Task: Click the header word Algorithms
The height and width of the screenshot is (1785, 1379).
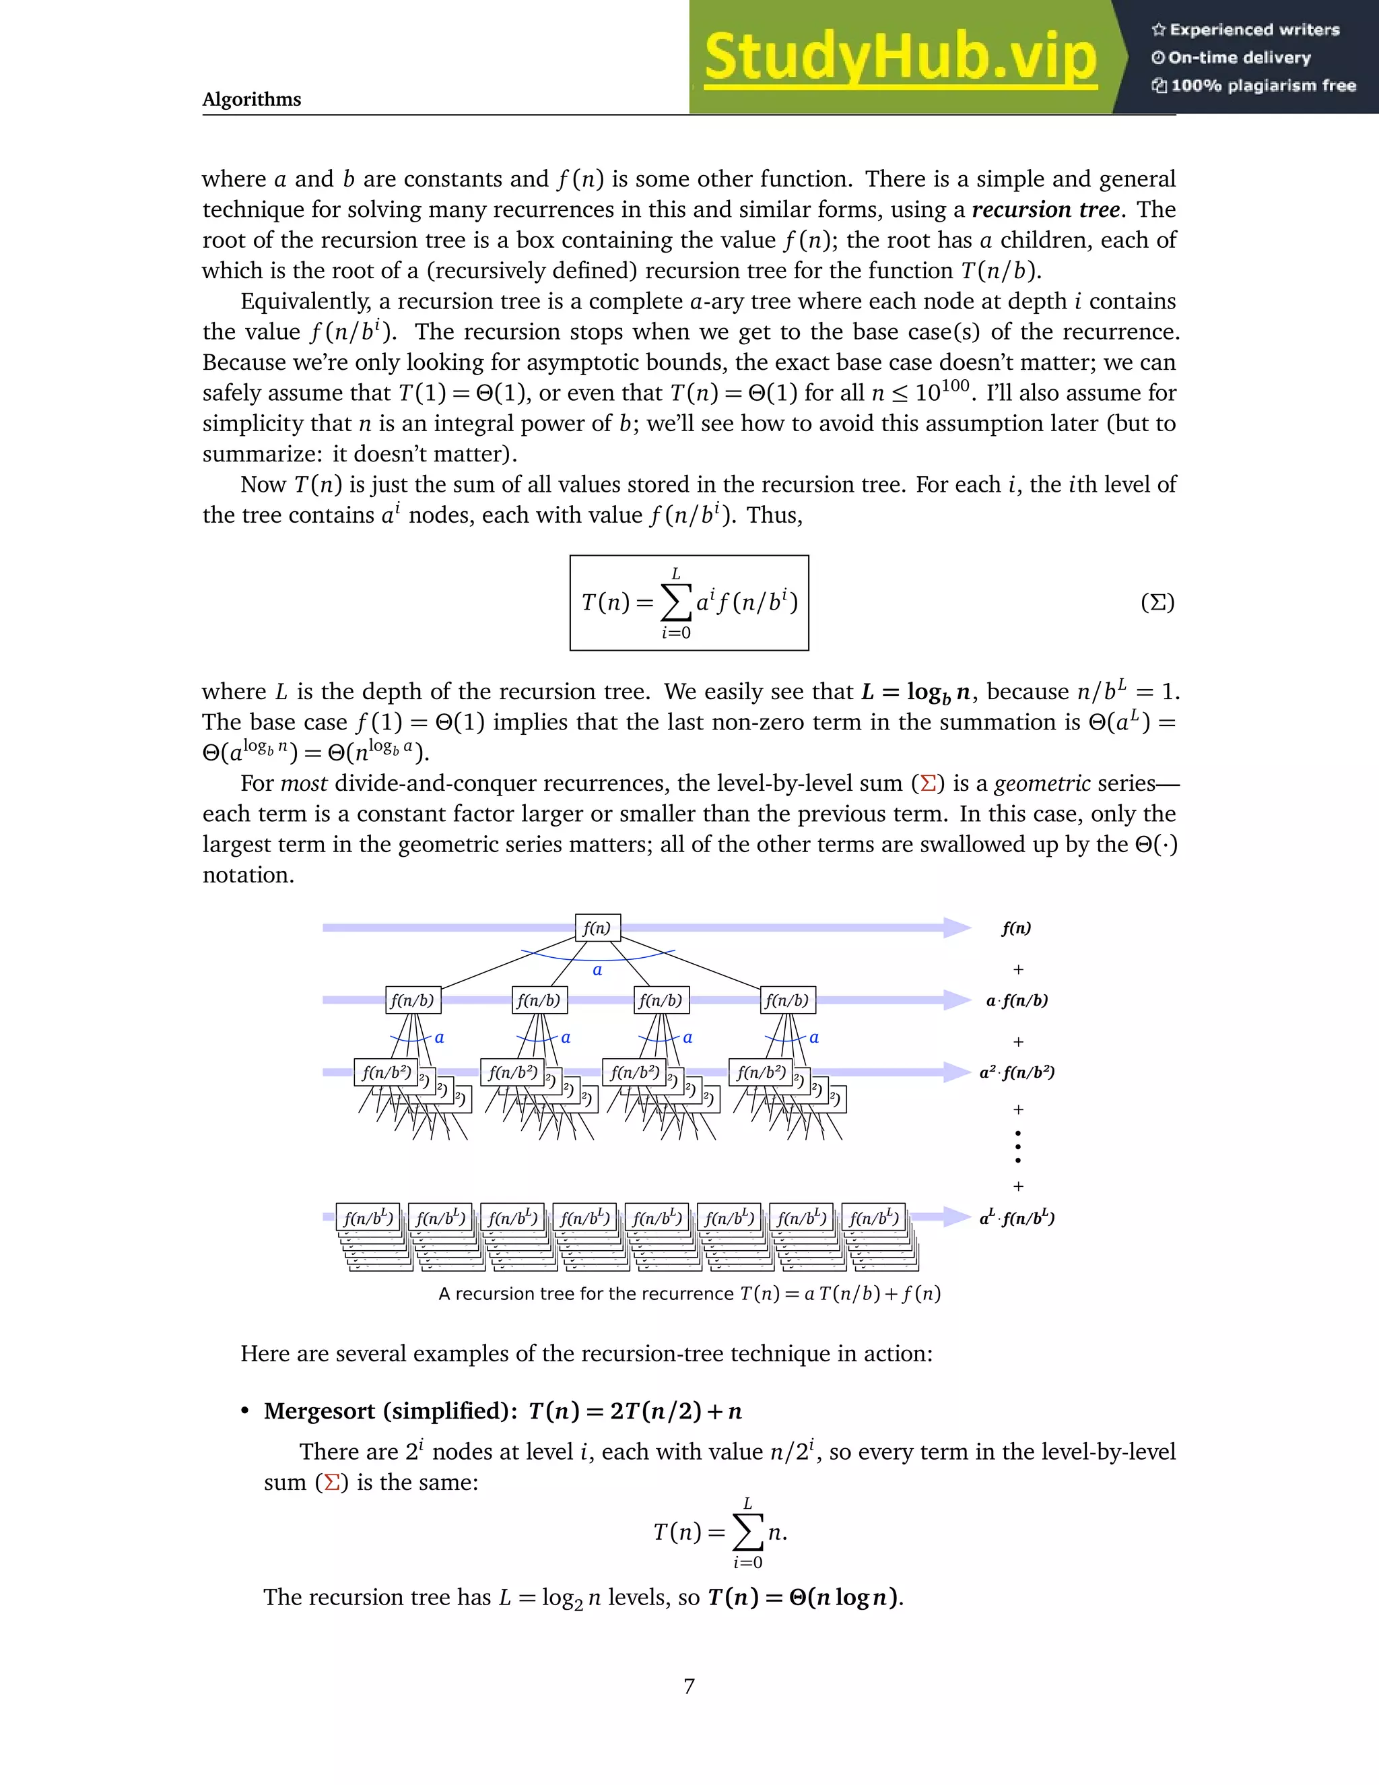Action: [252, 99]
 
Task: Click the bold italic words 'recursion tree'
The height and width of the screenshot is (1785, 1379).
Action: [1045, 209]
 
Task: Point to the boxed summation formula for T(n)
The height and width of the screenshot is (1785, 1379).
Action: [689, 603]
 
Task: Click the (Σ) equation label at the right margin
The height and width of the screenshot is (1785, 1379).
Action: [1157, 603]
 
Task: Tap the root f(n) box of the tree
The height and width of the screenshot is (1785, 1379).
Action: [597, 928]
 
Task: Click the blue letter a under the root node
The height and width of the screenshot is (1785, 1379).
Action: [597, 970]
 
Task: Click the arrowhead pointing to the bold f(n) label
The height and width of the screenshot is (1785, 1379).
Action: [956, 928]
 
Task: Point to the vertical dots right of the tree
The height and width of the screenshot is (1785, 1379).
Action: [1018, 1146]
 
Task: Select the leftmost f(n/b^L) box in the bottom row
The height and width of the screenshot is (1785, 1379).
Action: [368, 1218]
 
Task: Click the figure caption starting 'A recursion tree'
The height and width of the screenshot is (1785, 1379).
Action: [689, 1294]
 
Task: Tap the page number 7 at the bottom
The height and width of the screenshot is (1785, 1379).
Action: [689, 1686]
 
